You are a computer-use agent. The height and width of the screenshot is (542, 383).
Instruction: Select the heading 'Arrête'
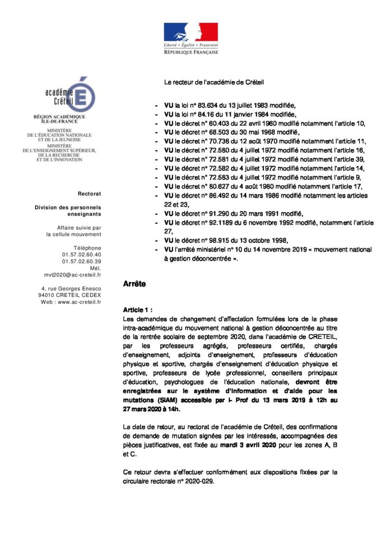pyautogui.click(x=134, y=284)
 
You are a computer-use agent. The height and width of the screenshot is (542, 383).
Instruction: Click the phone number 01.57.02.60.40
pyautogui.click(x=81, y=255)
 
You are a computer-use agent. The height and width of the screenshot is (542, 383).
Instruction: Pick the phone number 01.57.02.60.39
pyautogui.click(x=81, y=261)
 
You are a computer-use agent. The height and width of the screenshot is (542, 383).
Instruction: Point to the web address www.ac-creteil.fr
pyautogui.click(x=79, y=302)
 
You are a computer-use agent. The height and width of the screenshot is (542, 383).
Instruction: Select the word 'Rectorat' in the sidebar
pyautogui.click(x=89, y=194)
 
